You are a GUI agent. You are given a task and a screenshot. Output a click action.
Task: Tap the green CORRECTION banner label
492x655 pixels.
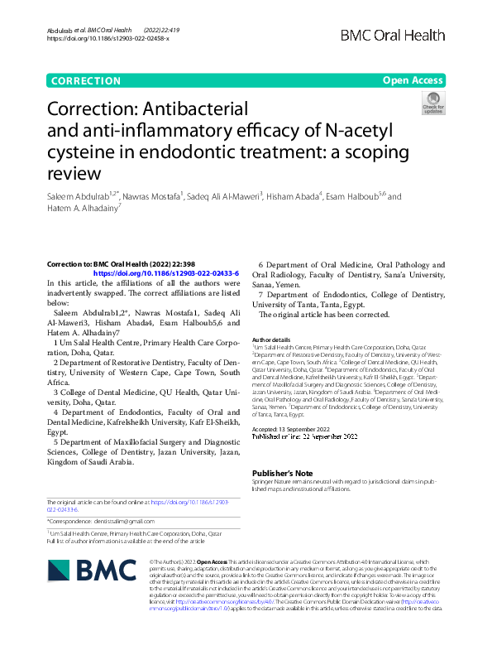point(85,80)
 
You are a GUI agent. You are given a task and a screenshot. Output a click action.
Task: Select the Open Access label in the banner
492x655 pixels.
point(413,80)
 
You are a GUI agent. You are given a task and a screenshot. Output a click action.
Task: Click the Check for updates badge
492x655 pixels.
point(432,104)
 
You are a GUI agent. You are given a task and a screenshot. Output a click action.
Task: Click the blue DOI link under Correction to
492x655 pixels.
point(166,272)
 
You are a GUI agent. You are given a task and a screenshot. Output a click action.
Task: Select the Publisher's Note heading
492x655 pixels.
point(281,473)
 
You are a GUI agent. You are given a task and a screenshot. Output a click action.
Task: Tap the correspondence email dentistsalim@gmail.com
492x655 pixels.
point(123,521)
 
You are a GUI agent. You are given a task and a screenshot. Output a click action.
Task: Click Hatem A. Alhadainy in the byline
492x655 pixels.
point(84,209)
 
